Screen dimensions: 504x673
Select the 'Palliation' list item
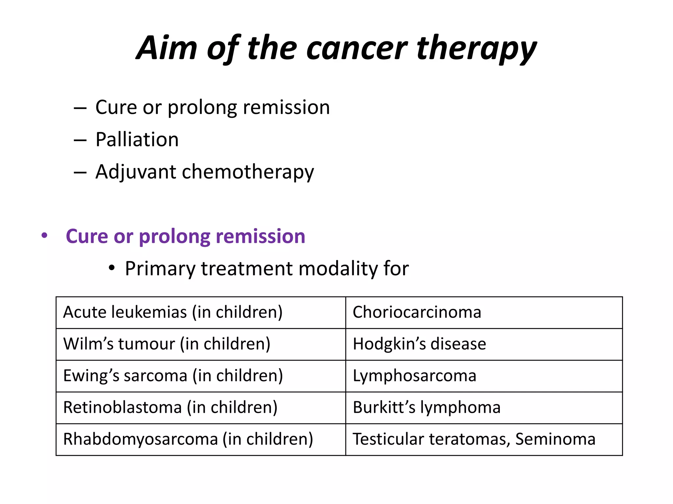(x=137, y=139)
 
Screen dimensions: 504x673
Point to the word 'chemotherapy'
(x=248, y=172)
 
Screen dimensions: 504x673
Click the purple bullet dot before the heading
(x=44, y=236)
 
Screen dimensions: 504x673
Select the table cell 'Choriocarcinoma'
(x=417, y=312)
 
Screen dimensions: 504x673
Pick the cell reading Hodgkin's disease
(x=419, y=344)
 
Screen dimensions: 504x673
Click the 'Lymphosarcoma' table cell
(x=414, y=376)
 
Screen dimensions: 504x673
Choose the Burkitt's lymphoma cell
(x=427, y=408)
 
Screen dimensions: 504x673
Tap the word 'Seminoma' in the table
(x=555, y=439)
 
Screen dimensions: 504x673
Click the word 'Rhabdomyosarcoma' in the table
(x=141, y=439)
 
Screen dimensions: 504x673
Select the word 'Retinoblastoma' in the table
(x=123, y=408)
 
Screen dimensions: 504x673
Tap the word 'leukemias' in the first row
(x=149, y=312)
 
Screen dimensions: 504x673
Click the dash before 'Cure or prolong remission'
(x=80, y=108)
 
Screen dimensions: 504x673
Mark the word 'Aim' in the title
(x=167, y=49)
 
